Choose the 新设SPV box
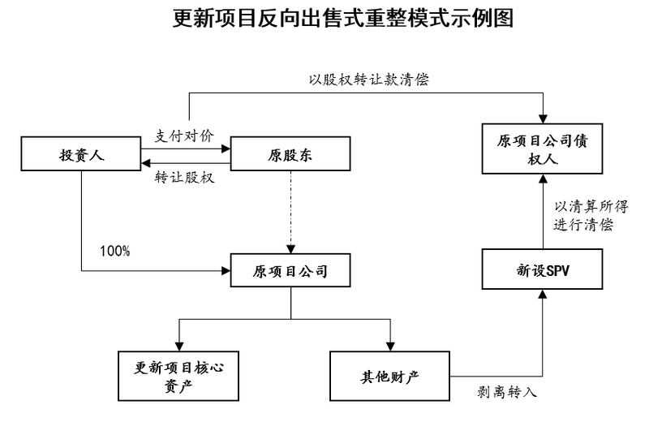[542, 270]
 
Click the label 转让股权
[184, 178]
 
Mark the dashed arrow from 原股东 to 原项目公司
[290, 211]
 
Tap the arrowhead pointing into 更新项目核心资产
[179, 345]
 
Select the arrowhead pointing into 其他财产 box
[390, 345]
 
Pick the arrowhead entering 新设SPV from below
[542, 295]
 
